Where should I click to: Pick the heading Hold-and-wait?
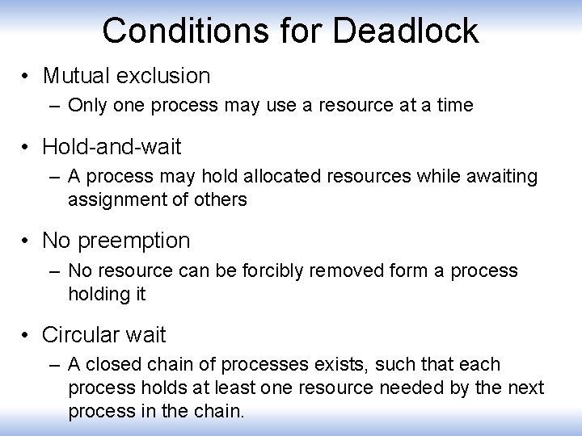click(x=112, y=147)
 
